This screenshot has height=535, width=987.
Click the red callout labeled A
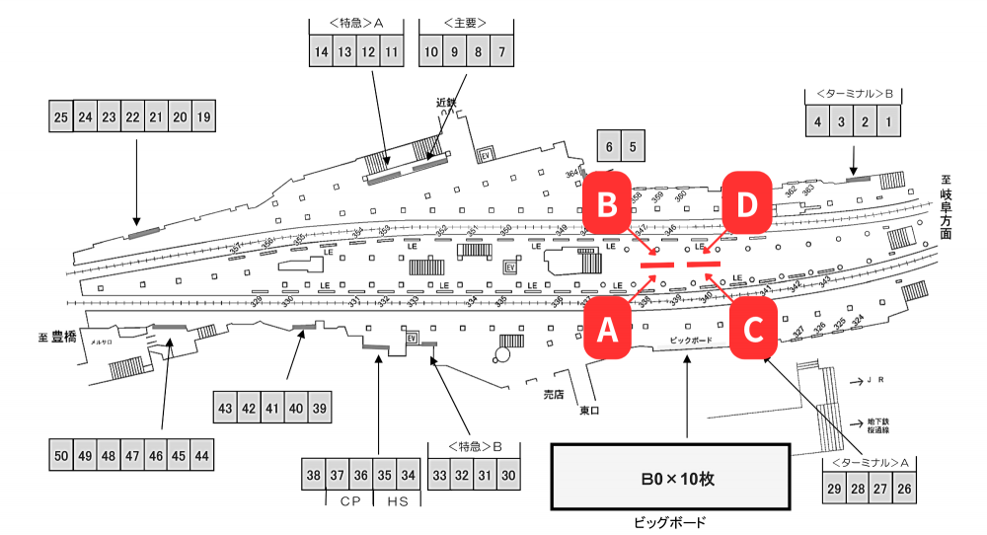pos(608,330)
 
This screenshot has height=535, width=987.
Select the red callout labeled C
pos(753,330)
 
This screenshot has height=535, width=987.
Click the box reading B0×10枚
pos(669,479)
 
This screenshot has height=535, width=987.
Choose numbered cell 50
pos(61,456)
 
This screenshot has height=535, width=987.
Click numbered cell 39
pos(319,408)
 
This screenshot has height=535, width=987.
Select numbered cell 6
pos(609,148)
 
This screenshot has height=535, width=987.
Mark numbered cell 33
pos(437,475)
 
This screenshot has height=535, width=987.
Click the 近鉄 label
pos(446,102)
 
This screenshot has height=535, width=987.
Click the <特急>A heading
pos(356,22)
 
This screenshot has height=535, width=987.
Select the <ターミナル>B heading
pos(855,94)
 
